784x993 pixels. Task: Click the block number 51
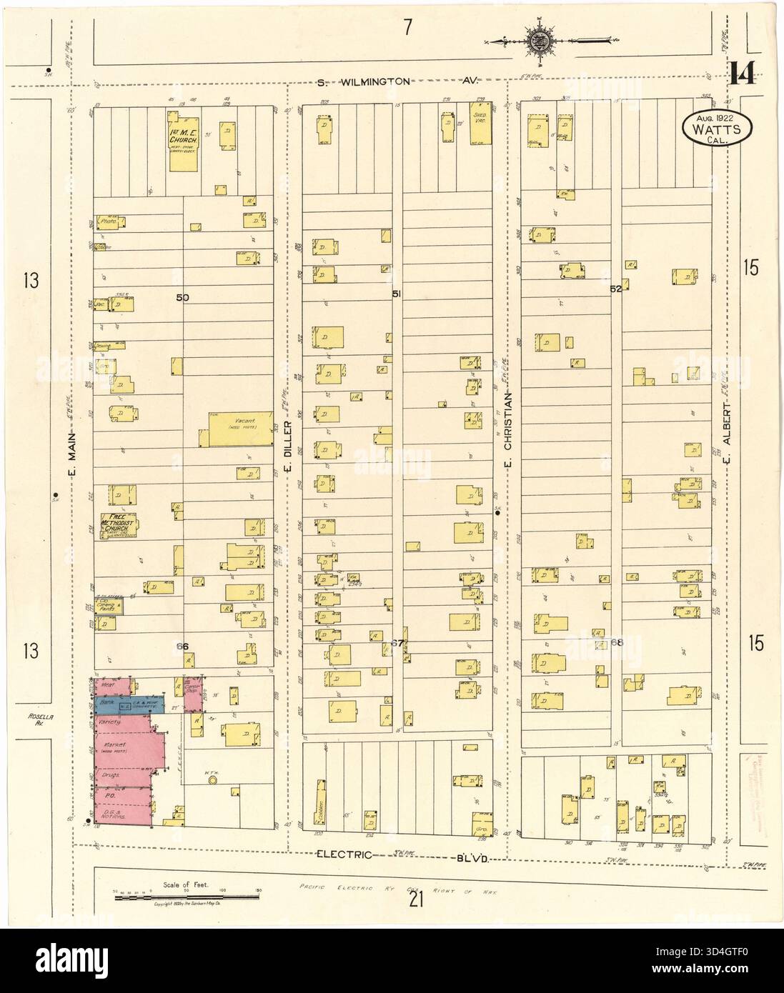397,294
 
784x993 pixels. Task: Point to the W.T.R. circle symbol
212,781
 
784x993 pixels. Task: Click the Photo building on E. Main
109,222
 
